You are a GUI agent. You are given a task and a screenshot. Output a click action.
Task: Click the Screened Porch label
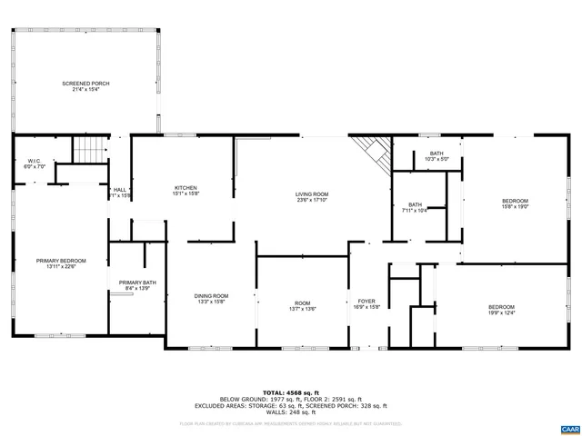[86, 84]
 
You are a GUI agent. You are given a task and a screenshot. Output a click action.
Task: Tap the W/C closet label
[34, 161]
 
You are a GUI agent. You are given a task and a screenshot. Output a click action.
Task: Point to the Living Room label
[311, 194]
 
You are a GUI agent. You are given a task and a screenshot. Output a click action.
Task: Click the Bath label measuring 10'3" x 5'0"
[436, 154]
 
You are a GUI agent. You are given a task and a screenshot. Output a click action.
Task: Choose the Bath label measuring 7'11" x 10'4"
[415, 204]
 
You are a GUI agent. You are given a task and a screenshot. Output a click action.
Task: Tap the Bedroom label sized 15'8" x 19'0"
[515, 200]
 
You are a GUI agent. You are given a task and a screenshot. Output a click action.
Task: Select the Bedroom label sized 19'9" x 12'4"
[501, 306]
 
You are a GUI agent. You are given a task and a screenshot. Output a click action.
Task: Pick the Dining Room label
[211, 296]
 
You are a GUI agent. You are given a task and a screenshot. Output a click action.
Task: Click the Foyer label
[366, 302]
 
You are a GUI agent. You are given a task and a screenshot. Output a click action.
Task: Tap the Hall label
[119, 190]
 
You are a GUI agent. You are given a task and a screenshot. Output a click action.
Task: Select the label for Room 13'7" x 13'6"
[302, 303]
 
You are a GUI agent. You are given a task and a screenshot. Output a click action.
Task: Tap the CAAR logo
[568, 427]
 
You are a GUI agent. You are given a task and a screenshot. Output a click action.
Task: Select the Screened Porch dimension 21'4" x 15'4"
[86, 90]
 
